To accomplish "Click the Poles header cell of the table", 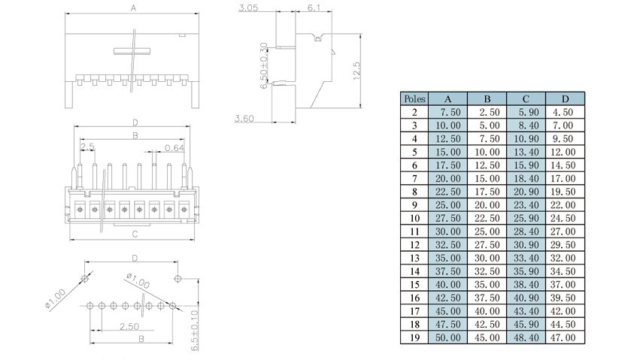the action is tap(414, 98).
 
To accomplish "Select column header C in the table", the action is tap(526, 98).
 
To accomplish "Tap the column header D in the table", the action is tap(565, 98).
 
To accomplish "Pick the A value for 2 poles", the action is tap(448, 112).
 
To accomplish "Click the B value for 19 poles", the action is tap(487, 337).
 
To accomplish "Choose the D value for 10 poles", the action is tap(563, 218).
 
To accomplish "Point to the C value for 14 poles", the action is tap(526, 271).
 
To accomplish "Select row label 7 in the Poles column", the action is tap(414, 178).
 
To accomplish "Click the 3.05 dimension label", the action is tap(248, 8).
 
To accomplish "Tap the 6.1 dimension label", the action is tap(314, 8).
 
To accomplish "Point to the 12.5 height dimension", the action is tap(356, 71).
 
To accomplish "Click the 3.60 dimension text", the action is tap(244, 118).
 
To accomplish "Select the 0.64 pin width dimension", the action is tap(174, 148).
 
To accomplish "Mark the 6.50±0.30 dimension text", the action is tap(263, 65).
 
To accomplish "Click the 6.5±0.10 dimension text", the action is tap(195, 331).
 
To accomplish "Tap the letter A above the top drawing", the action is tap(134, 8).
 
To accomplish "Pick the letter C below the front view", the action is tap(135, 234).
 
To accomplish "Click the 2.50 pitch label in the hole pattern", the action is tap(129, 326).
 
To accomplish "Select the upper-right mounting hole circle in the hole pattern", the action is tap(177, 278).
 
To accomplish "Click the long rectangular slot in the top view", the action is tap(132, 51).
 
